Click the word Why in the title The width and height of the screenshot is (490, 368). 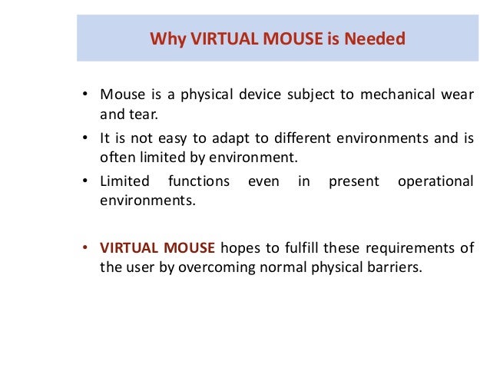click(x=164, y=38)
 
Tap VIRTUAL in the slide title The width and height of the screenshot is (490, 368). click(x=213, y=38)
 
